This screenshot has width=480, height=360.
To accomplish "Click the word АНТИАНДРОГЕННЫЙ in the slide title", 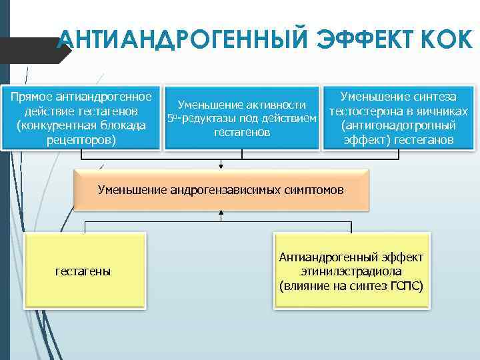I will click(x=179, y=41).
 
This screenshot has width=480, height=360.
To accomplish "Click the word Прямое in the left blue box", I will click(x=33, y=97).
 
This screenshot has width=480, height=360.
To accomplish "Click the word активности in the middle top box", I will click(x=276, y=105).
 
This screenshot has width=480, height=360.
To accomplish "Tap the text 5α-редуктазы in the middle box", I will click(x=197, y=119).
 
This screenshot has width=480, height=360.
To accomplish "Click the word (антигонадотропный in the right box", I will click(x=398, y=125).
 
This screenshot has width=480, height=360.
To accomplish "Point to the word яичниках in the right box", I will click(x=446, y=111).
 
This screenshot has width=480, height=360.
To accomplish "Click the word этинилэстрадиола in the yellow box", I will click(x=353, y=271).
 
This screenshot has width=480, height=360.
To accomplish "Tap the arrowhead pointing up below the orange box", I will click(x=221, y=214).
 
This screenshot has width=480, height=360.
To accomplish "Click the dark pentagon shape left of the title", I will click(x=33, y=50).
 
